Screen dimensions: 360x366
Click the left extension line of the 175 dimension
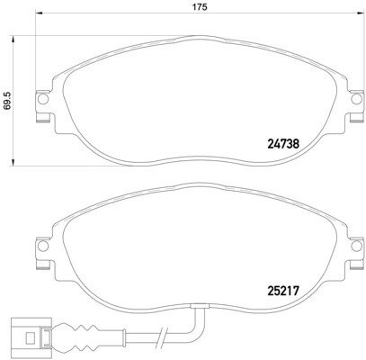(x=40, y=54)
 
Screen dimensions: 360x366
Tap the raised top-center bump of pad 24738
(x=193, y=40)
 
